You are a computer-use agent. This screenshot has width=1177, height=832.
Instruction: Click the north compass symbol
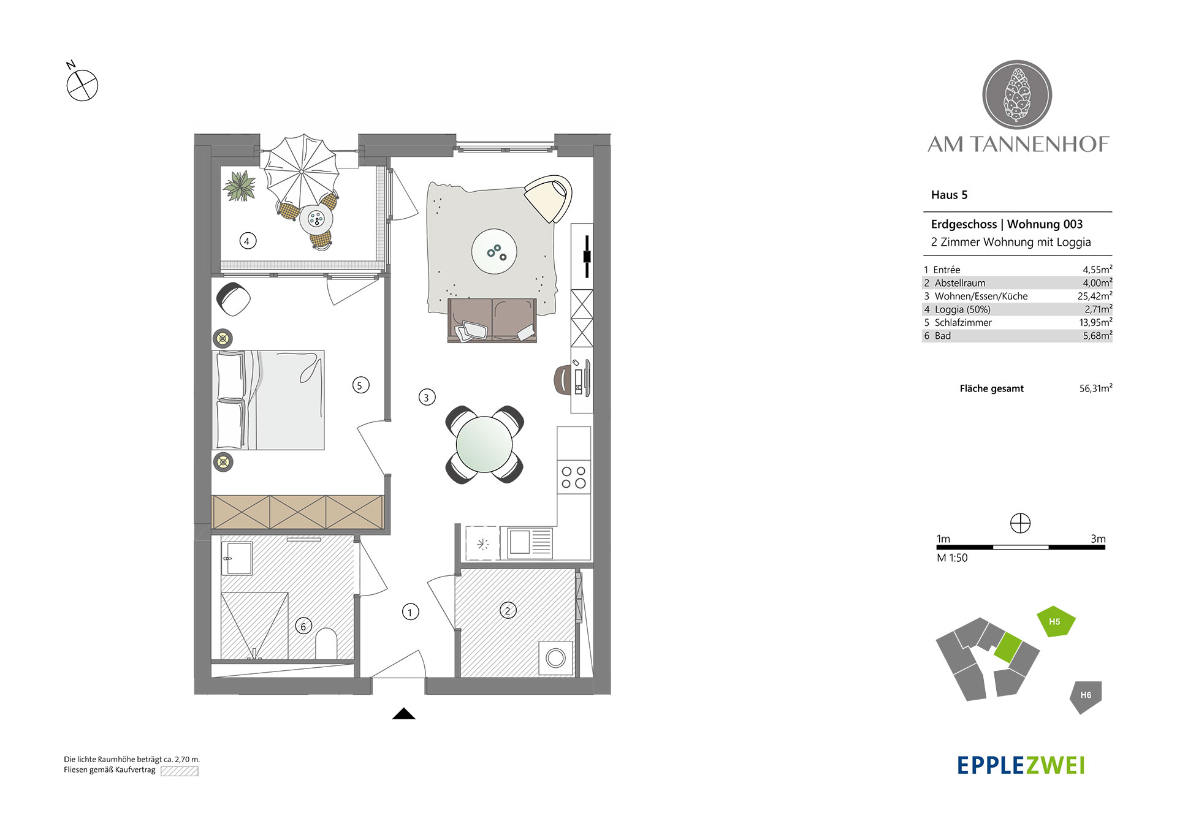(82, 85)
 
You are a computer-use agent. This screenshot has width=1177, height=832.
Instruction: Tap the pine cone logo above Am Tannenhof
(1017, 95)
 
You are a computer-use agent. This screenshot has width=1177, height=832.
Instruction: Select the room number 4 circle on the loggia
(248, 241)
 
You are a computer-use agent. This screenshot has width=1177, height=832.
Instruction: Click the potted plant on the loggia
(240, 186)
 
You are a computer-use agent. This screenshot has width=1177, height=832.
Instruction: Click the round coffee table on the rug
(494, 251)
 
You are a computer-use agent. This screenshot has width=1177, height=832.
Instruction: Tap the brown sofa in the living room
(492, 320)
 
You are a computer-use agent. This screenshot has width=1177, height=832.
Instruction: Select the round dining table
(484, 444)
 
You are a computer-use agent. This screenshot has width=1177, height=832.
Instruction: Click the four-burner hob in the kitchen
(574, 477)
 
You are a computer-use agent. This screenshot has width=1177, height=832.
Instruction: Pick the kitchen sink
(527, 542)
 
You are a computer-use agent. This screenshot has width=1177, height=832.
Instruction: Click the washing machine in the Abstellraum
(556, 658)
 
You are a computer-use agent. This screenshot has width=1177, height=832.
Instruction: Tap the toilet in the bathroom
(326, 643)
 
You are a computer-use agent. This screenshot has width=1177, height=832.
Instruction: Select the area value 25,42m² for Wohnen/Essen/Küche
(1095, 296)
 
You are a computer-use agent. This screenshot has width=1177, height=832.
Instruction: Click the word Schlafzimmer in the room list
(963, 322)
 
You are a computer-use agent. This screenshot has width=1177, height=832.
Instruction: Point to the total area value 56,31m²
(1096, 388)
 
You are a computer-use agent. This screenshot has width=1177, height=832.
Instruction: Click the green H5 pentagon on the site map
(1056, 622)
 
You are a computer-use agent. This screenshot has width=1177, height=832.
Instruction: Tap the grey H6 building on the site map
(1086, 697)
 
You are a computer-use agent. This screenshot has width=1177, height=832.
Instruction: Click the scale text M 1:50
(952, 558)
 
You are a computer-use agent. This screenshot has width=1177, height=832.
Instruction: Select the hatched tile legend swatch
(180, 771)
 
